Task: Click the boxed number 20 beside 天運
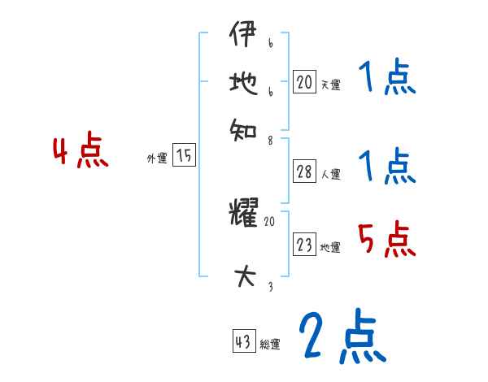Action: click(x=304, y=81)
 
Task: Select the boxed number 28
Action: click(x=304, y=171)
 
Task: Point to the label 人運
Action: click(x=331, y=174)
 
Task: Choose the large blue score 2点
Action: click(x=340, y=337)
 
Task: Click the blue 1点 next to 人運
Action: click(x=386, y=167)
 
